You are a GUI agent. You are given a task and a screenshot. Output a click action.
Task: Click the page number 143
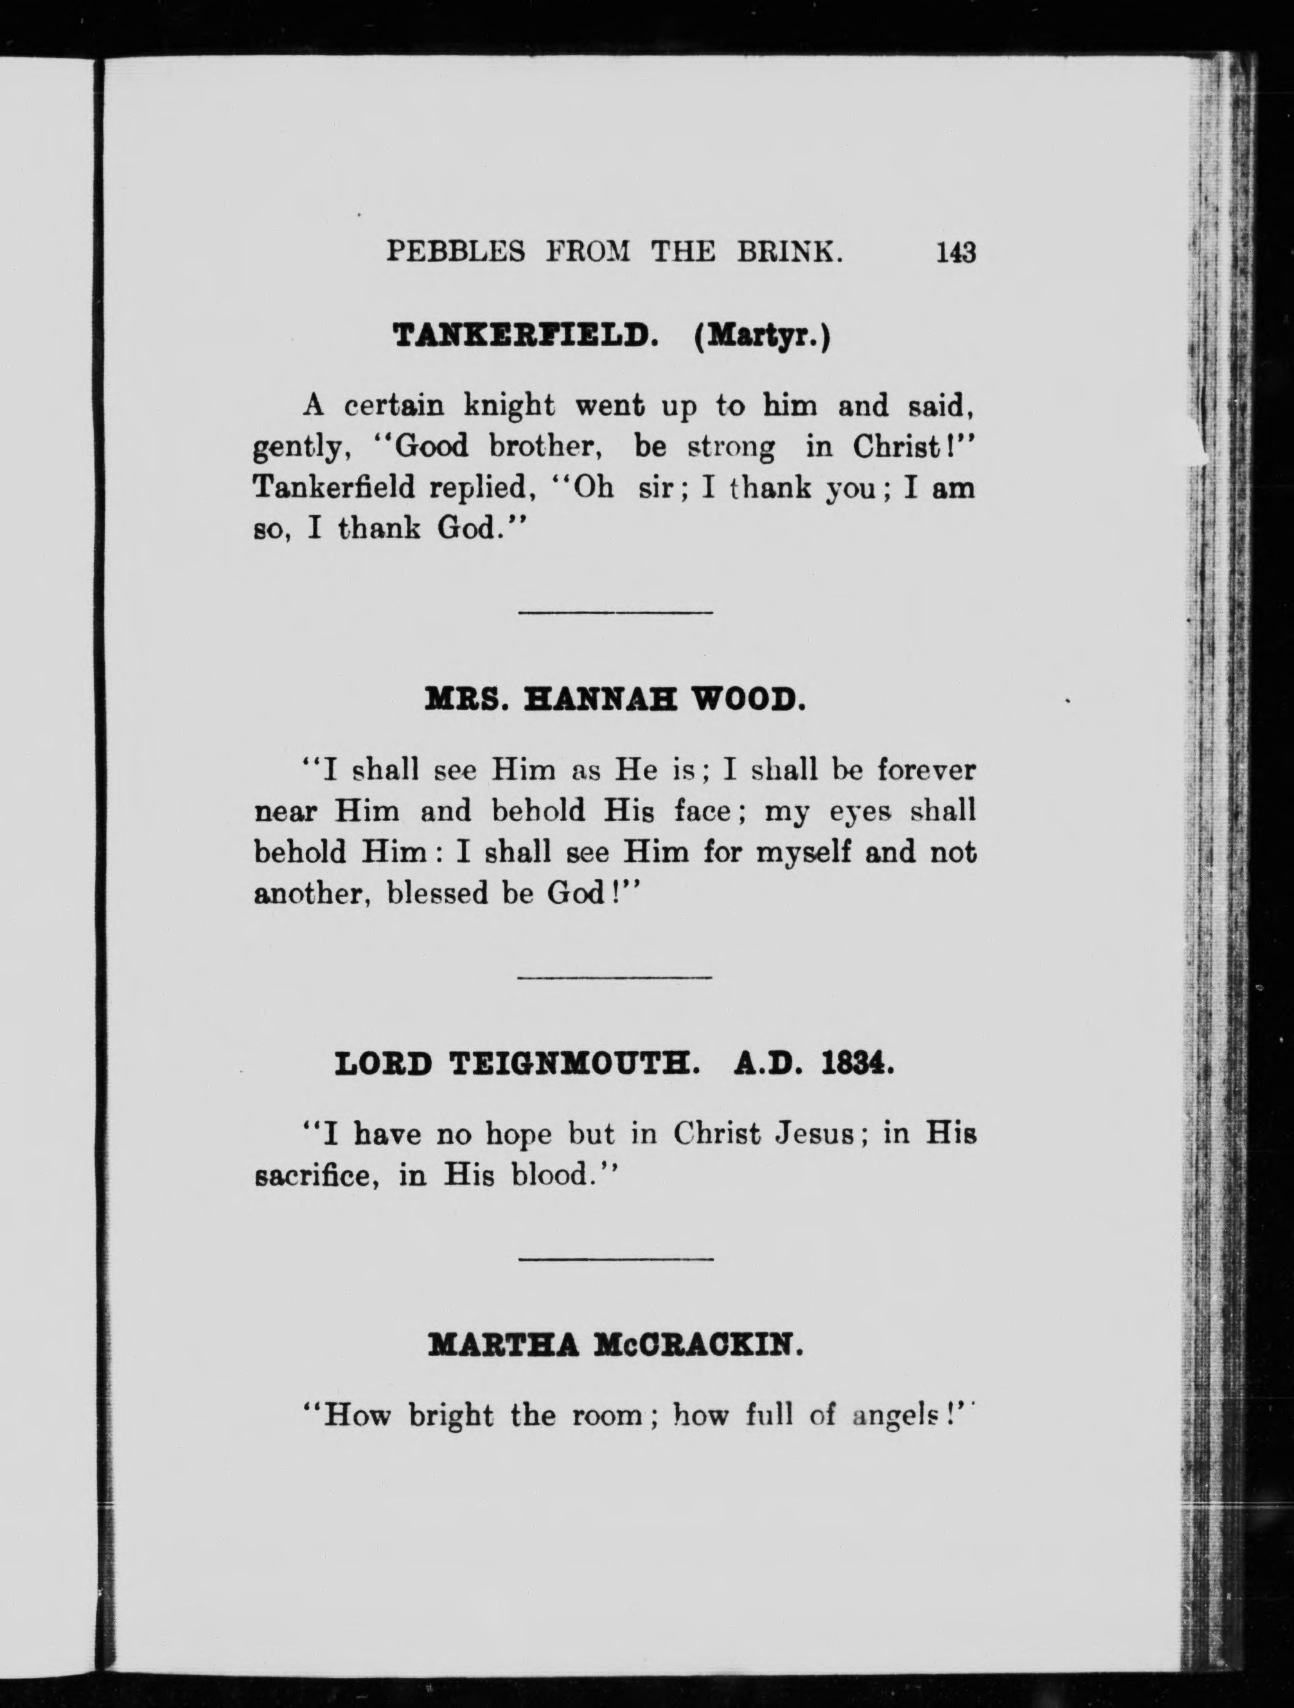coord(955,252)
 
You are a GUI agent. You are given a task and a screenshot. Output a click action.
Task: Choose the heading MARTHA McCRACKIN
coord(615,1348)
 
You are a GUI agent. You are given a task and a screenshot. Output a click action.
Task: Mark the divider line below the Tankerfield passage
coord(615,613)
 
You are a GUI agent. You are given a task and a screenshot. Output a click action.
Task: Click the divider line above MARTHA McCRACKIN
coord(615,1260)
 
